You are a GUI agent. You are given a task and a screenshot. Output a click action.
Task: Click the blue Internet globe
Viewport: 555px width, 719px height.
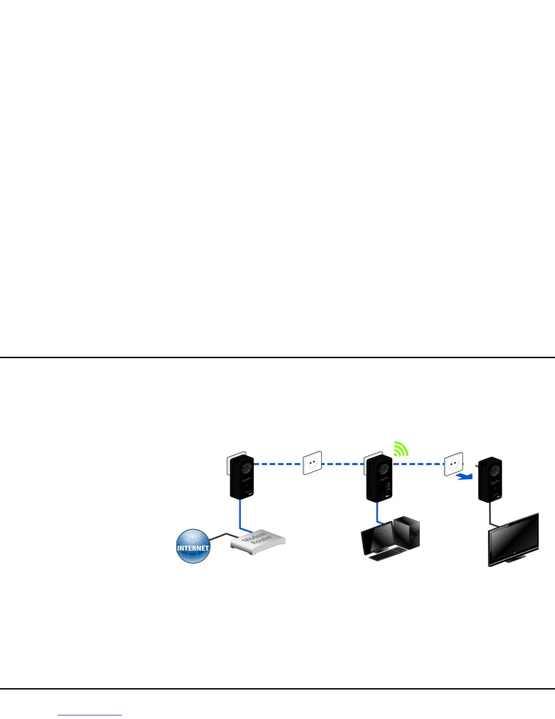pyautogui.click(x=193, y=546)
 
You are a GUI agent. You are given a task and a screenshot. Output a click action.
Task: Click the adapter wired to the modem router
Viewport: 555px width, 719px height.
pyautogui.click(x=242, y=478)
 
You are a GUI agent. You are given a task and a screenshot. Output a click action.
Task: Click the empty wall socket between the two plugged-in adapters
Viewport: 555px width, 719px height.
pyautogui.click(x=312, y=463)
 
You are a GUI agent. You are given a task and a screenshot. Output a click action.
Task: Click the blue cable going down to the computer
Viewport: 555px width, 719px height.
pyautogui.click(x=377, y=512)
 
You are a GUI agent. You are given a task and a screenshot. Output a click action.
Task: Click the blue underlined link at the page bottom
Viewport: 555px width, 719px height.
pyautogui.click(x=90, y=714)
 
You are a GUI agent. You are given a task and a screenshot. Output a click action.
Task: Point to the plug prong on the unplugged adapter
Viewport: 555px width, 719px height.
pyautogui.click(x=477, y=464)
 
